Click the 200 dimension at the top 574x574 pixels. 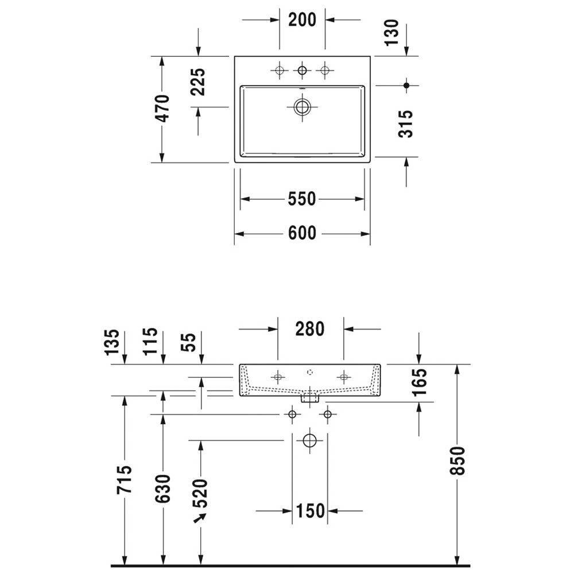(x=302, y=20)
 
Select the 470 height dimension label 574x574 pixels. (x=162, y=108)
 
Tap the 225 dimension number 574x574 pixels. (x=199, y=82)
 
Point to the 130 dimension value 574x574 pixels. (x=391, y=33)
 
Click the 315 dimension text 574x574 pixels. (x=406, y=124)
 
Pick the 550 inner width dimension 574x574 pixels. (x=302, y=199)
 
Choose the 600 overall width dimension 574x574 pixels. (x=302, y=233)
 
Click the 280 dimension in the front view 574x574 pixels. (x=310, y=329)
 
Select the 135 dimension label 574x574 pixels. (x=112, y=342)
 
